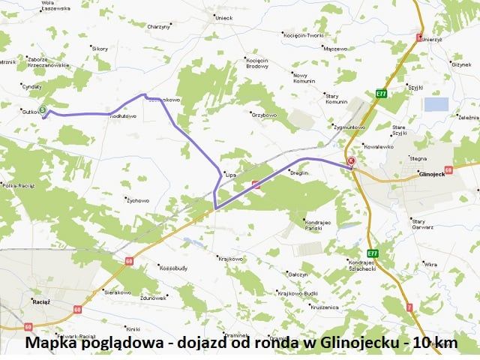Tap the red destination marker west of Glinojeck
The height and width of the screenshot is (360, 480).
(x=350, y=160)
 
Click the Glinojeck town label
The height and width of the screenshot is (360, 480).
(x=431, y=173)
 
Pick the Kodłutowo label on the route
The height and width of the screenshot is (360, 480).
(x=123, y=116)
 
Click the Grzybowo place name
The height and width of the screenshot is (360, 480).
(x=264, y=115)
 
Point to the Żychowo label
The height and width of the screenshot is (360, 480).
(x=138, y=200)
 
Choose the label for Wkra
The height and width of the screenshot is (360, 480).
(x=430, y=264)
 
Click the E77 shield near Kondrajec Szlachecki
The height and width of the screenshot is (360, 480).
(x=372, y=253)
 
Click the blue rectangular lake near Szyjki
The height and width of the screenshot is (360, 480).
(x=435, y=104)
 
